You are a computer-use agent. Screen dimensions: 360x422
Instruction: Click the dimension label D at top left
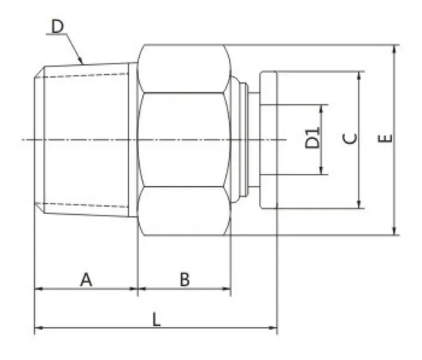click(x=57, y=27)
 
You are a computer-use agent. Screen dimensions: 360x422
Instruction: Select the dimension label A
click(x=86, y=279)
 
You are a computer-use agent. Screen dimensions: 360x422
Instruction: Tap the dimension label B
click(x=184, y=279)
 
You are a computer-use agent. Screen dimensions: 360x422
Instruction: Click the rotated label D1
click(x=312, y=139)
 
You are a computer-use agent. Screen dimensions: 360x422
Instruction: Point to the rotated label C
click(x=350, y=139)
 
